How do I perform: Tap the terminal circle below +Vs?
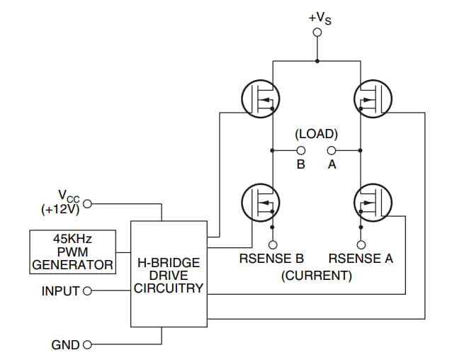(317, 33)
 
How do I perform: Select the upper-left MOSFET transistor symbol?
(260, 99)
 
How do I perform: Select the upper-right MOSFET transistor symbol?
(372, 99)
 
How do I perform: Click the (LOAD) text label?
(316, 133)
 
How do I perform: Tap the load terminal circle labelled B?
(301, 150)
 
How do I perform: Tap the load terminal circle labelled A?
(331, 150)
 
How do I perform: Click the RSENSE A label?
(361, 259)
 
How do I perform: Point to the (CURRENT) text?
(316, 276)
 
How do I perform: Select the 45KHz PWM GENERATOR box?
(73, 252)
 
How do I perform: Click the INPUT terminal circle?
(88, 291)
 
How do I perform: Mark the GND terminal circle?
(88, 345)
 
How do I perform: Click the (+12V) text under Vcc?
(60, 210)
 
